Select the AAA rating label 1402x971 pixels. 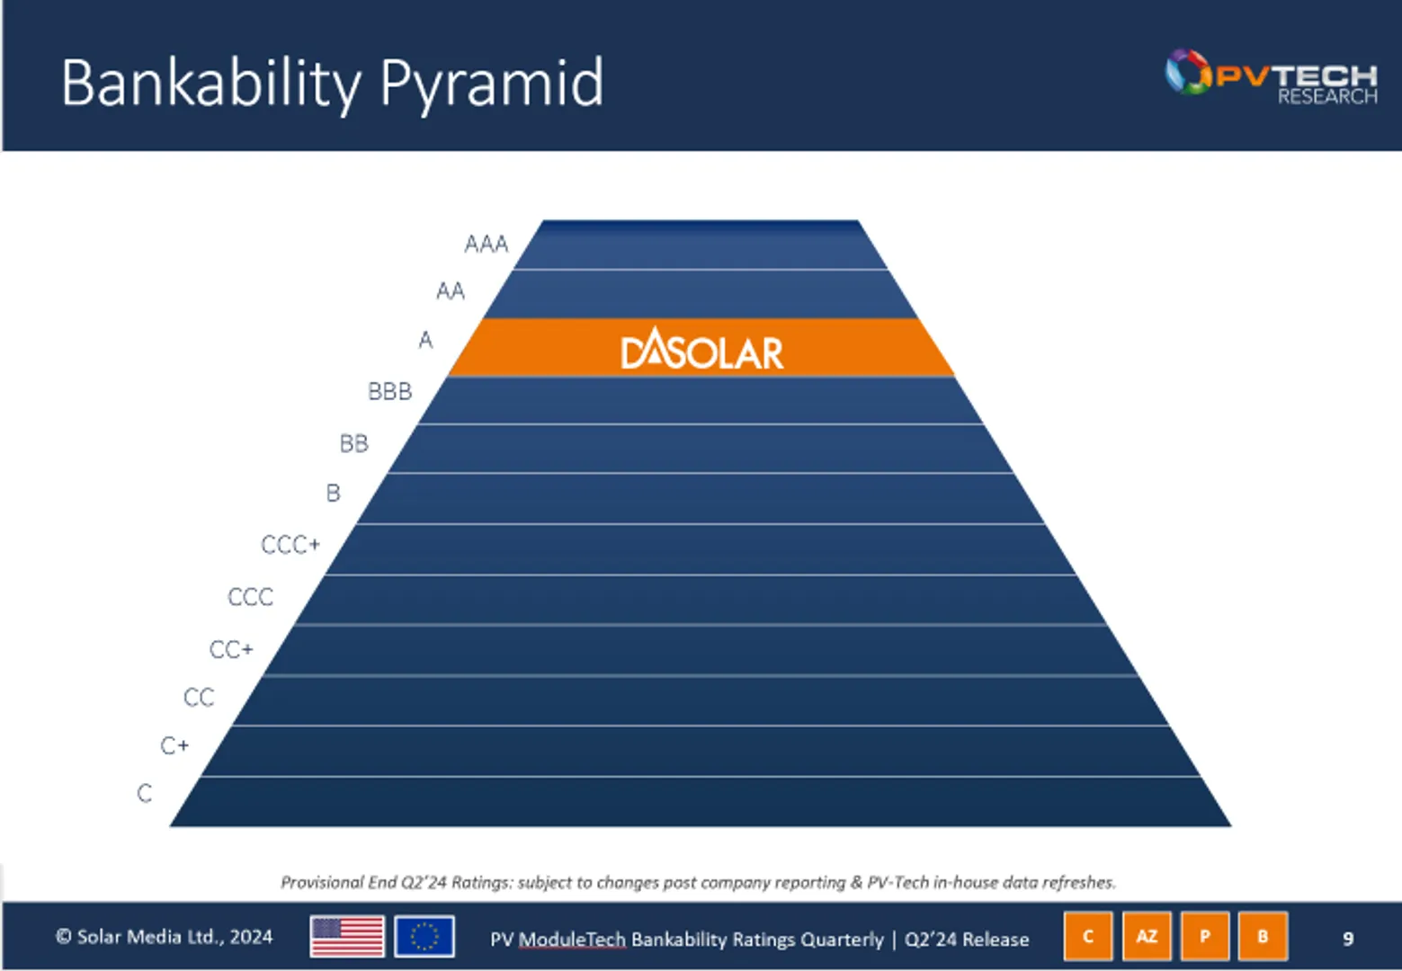click(x=487, y=244)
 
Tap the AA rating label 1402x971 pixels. click(x=451, y=291)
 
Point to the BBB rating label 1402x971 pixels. click(x=389, y=391)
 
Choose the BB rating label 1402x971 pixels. click(x=353, y=443)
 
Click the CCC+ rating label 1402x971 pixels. click(x=290, y=545)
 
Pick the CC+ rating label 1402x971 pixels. click(x=231, y=649)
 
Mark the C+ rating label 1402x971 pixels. click(x=174, y=745)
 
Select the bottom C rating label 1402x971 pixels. click(x=145, y=793)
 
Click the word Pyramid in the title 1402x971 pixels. click(x=491, y=84)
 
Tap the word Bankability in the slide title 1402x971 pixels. click(x=210, y=84)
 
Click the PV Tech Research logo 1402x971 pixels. click(x=1271, y=76)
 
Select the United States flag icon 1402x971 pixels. click(x=347, y=937)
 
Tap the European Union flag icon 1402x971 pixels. click(x=424, y=937)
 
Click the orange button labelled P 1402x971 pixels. click(x=1205, y=936)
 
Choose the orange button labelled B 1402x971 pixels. click(x=1263, y=936)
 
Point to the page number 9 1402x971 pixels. click(x=1347, y=938)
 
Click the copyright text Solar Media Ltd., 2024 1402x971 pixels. click(x=165, y=937)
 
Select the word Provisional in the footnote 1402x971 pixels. click(x=322, y=882)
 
